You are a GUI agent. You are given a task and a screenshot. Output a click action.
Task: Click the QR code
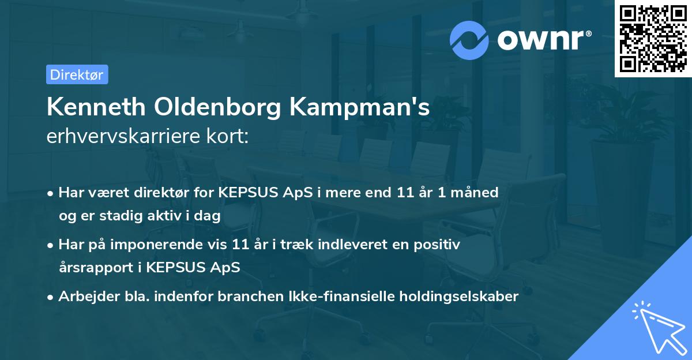click(x=653, y=39)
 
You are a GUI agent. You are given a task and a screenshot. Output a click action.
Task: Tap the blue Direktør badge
click(x=77, y=74)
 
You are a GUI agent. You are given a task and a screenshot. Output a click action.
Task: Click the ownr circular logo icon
click(x=469, y=40)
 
